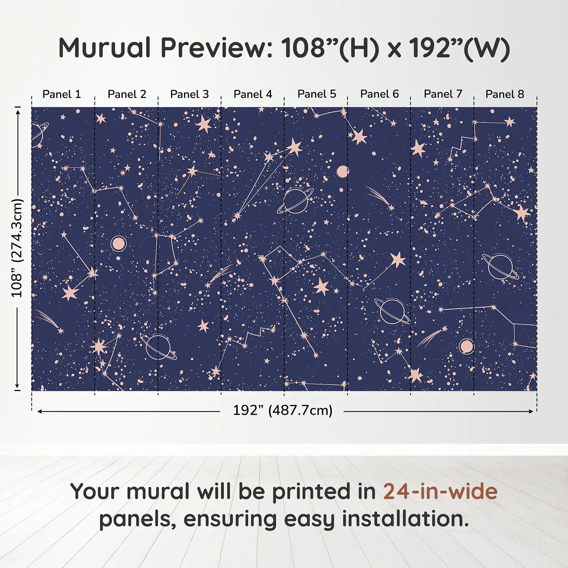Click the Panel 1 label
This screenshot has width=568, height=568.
62,94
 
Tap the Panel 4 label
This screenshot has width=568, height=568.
253,94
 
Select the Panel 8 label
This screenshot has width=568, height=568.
505,94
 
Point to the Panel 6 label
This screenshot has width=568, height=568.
379,94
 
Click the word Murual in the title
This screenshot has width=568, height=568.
105,48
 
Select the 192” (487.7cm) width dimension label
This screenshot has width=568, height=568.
282,410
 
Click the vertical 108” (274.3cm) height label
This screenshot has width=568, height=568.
17,248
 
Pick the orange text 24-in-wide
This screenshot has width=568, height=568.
440,491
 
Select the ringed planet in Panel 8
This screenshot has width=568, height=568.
500,266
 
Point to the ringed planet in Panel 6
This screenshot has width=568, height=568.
392,311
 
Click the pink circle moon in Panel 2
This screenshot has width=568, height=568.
118,244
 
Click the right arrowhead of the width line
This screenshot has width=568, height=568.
531,411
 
